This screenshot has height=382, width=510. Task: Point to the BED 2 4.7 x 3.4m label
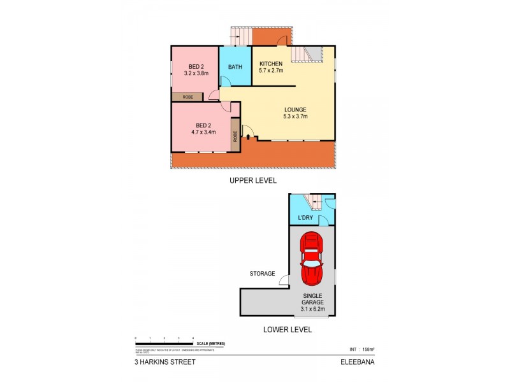pyautogui.click(x=204, y=129)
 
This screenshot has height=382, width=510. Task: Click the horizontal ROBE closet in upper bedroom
pyautogui.click(x=188, y=97)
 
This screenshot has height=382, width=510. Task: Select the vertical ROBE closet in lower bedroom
pyautogui.click(x=235, y=135)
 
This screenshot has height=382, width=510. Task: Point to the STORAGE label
pyautogui.click(x=263, y=274)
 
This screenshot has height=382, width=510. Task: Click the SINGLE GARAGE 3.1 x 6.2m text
pyautogui.click(x=312, y=302)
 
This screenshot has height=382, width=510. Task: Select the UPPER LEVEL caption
pyautogui.click(x=253, y=181)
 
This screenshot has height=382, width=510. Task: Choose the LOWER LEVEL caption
pyautogui.click(x=288, y=330)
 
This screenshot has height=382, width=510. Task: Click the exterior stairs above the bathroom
pyautogui.click(x=241, y=36)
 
